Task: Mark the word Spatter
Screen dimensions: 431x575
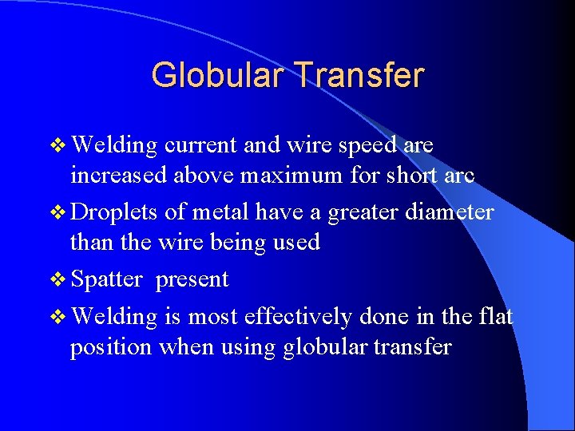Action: (x=106, y=280)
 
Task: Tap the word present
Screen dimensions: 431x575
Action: (x=192, y=280)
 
